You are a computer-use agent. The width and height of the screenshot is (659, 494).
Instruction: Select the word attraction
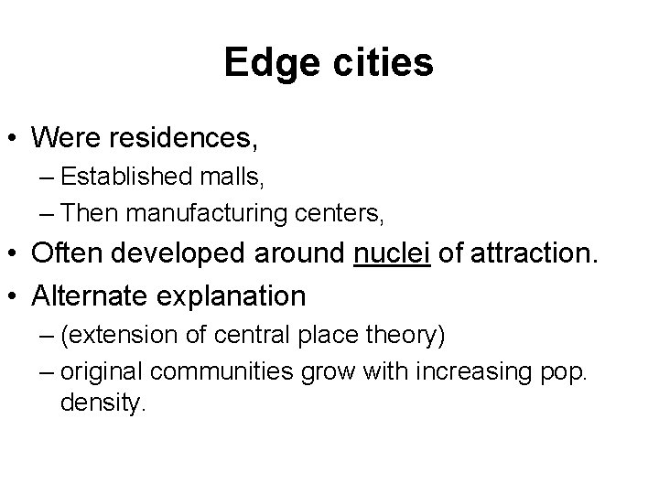(523, 258)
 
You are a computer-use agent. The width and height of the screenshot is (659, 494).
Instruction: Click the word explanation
(237, 297)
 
